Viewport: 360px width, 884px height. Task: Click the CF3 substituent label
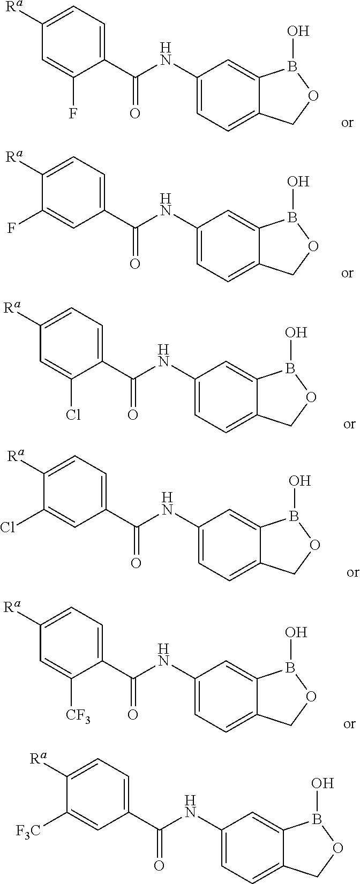point(78,715)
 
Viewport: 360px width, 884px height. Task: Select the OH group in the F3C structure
point(320,784)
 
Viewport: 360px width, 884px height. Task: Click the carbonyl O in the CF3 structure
point(134,715)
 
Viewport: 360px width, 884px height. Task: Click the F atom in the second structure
point(11,230)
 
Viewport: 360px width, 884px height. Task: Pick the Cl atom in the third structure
point(74,414)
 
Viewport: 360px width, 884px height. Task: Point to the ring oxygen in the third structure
point(312,397)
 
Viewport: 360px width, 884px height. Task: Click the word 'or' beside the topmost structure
point(347,123)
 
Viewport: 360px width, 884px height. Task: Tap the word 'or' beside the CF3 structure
point(349,724)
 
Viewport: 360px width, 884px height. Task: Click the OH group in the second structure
point(298,182)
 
